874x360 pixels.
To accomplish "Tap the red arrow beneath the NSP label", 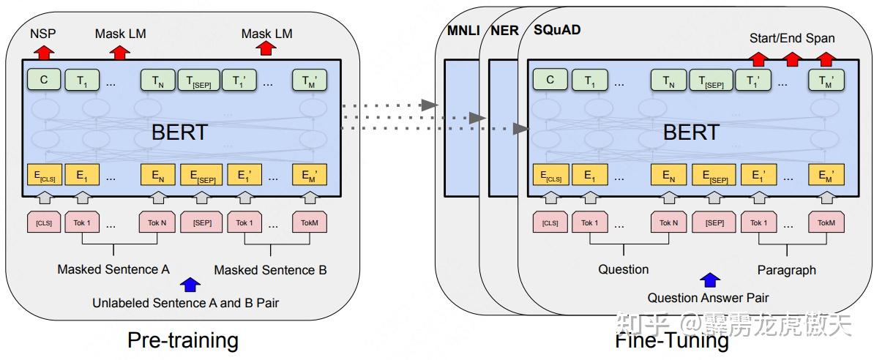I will tap(45, 51).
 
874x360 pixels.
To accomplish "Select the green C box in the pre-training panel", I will tap(44, 80).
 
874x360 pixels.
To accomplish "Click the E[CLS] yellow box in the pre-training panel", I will tap(44, 176).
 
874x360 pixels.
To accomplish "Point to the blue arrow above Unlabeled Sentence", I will tap(190, 285).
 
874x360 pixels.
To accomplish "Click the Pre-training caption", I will tap(183, 340).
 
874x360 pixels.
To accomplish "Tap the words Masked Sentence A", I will tap(113, 269).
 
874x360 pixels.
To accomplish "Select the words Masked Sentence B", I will tap(270, 270).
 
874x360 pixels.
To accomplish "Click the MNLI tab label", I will tap(463, 31).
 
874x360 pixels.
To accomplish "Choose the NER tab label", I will tap(504, 31).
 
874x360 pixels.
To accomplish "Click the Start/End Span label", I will tap(792, 38).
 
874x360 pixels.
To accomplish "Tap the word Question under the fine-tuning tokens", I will tap(623, 269).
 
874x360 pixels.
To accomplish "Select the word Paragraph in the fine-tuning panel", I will tap(786, 270).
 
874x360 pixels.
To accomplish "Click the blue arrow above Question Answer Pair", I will tap(709, 280).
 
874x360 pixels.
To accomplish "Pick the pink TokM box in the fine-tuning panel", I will tap(826, 223).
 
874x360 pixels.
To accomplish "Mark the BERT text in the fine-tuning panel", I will tap(691, 132).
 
